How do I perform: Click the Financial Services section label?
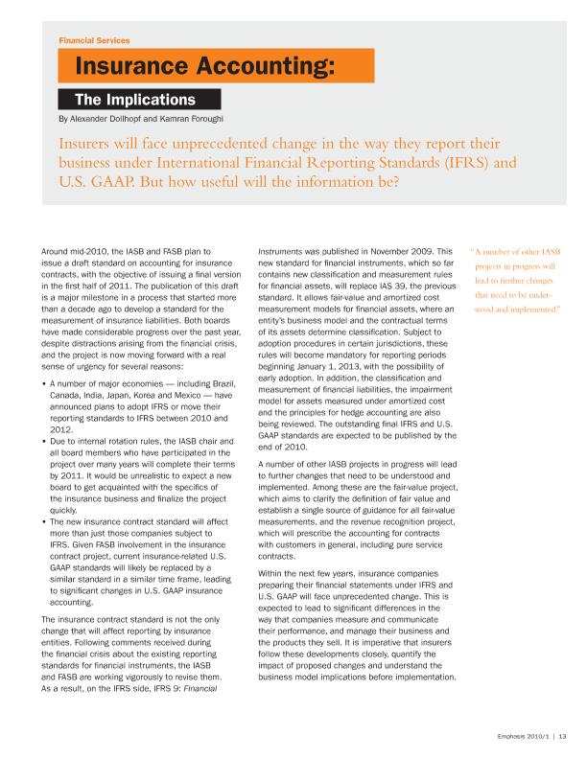pos(94,41)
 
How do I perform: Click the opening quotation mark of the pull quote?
pos(472,251)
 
